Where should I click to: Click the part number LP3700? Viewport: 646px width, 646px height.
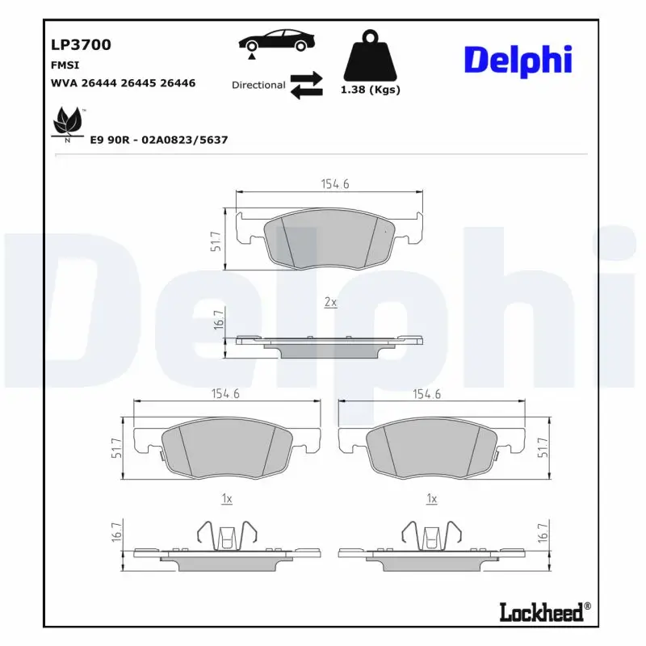click(x=81, y=45)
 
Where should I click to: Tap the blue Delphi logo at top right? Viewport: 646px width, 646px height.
click(x=518, y=61)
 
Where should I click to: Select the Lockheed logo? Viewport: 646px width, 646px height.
click(x=543, y=612)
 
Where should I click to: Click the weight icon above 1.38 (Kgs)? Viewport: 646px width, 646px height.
click(x=372, y=56)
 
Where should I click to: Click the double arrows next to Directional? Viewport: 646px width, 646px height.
click(x=306, y=85)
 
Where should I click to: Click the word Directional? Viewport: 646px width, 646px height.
click(x=258, y=85)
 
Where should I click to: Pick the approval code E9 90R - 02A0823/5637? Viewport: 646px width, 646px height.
click(x=158, y=140)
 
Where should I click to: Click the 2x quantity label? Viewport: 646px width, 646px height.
click(x=329, y=302)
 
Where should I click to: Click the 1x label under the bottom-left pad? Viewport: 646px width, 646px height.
click(x=227, y=500)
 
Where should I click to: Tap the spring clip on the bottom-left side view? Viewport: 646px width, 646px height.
click(x=227, y=535)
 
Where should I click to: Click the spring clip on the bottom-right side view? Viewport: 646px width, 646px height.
click(x=432, y=535)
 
